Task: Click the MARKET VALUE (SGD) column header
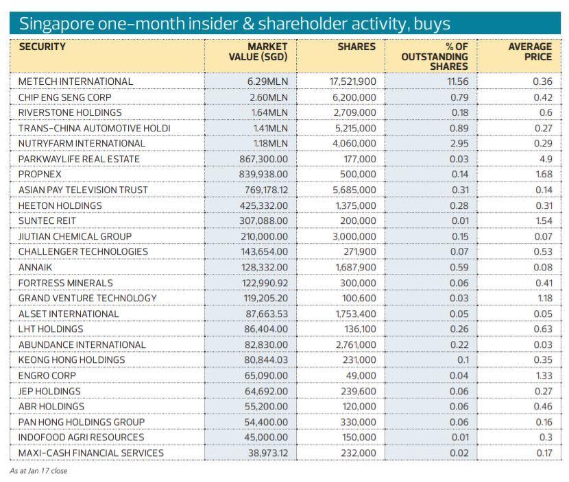click(258, 52)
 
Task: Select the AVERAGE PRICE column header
click(530, 52)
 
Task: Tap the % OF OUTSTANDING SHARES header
click(435, 57)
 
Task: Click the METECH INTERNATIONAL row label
click(75, 81)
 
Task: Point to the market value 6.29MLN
click(267, 81)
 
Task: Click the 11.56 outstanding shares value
click(457, 81)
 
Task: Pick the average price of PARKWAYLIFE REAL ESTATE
click(546, 159)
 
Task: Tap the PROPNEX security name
click(40, 175)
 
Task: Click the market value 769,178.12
click(263, 190)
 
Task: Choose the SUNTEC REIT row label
click(47, 220)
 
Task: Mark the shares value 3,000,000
click(354, 236)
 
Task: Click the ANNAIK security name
click(35, 268)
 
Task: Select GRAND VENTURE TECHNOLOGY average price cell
click(544, 299)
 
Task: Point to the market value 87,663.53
click(267, 314)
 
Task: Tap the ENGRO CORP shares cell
click(361, 375)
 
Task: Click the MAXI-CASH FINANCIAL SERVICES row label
click(91, 453)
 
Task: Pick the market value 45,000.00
click(266, 437)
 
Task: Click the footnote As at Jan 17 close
click(38, 471)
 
